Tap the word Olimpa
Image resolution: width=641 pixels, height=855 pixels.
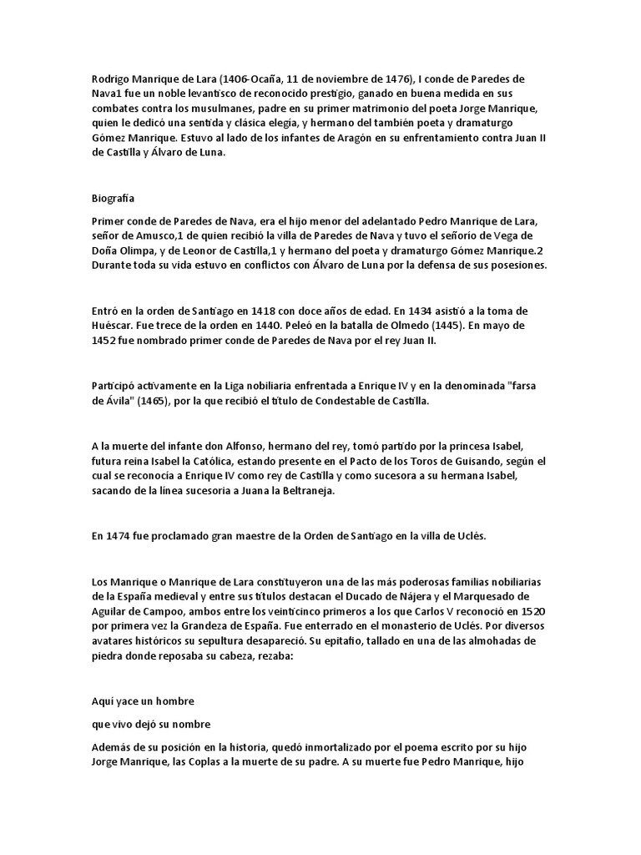(x=153, y=250)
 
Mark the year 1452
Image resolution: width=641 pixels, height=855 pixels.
(x=107, y=341)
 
